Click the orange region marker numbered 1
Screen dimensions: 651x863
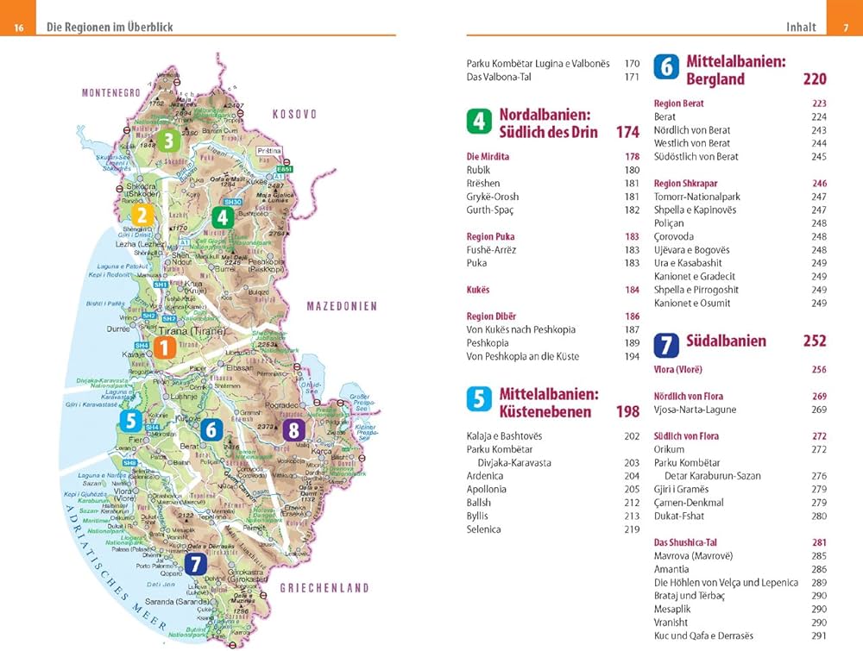tap(165, 347)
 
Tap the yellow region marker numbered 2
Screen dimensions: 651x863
tap(142, 216)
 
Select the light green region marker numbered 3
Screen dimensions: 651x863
tap(168, 141)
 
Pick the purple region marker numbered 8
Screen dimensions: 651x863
tap(295, 430)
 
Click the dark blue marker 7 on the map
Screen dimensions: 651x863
tap(197, 563)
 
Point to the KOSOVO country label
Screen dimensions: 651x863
tap(294, 114)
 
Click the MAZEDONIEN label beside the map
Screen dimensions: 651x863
tap(342, 306)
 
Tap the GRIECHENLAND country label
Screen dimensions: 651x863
tap(324, 588)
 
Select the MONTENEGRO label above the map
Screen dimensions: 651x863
tap(110, 92)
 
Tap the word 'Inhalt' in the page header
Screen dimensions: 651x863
tap(801, 27)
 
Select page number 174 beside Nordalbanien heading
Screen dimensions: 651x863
tap(627, 132)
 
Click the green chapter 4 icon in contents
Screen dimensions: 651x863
tap(479, 122)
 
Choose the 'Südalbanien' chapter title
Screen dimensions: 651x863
tap(726, 341)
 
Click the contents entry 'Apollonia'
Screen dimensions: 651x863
tap(486, 489)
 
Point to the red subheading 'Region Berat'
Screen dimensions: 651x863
tap(678, 103)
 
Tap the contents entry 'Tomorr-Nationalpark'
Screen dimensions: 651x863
tap(696, 197)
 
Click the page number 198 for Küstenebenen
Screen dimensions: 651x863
tap(627, 411)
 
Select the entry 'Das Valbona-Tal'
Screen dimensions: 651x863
tap(499, 77)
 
